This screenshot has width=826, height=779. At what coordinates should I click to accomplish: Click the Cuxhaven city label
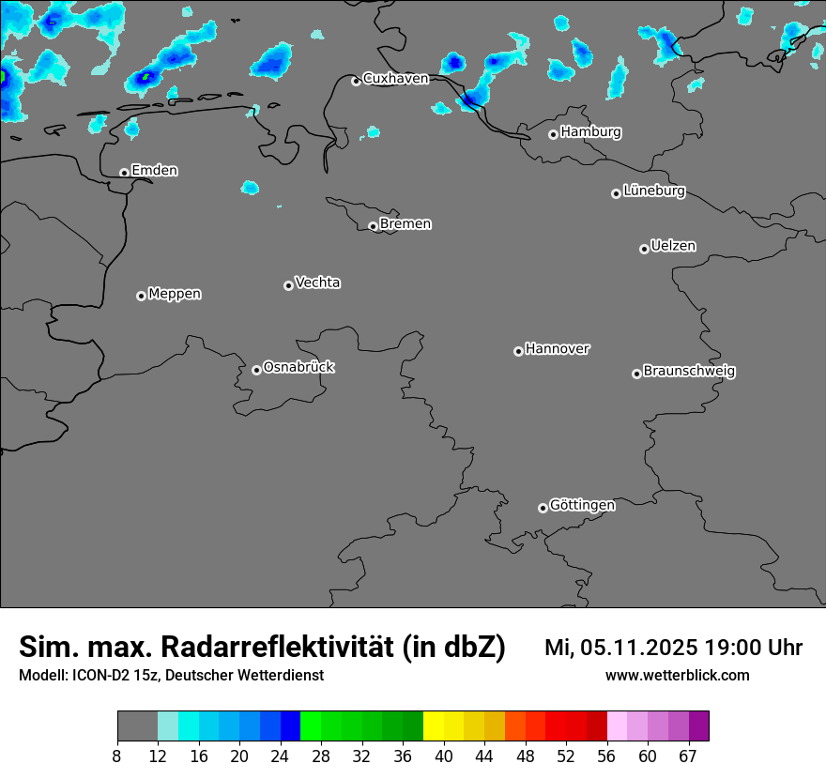pyautogui.click(x=395, y=79)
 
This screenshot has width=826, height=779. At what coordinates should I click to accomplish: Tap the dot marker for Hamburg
pyautogui.click(x=553, y=134)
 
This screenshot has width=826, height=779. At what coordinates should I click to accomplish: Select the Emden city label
pyautogui.click(x=154, y=171)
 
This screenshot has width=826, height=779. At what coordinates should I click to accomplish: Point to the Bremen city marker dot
pyautogui.click(x=373, y=226)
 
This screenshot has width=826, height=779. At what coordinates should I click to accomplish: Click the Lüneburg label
pyautogui.click(x=653, y=191)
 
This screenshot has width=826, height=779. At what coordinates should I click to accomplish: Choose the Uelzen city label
pyautogui.click(x=673, y=246)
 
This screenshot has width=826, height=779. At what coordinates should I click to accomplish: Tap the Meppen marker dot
pyautogui.click(x=141, y=296)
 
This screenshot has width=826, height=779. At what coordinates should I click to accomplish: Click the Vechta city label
pyautogui.click(x=317, y=283)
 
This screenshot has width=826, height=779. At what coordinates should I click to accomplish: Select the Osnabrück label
pyautogui.click(x=298, y=367)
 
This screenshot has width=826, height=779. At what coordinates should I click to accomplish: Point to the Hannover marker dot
pyautogui.click(x=518, y=351)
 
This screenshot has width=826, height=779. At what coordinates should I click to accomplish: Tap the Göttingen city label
pyautogui.click(x=582, y=505)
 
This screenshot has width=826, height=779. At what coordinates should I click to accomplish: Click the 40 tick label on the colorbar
pyautogui.click(x=444, y=756)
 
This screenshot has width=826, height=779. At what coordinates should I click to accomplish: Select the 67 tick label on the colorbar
pyautogui.click(x=688, y=756)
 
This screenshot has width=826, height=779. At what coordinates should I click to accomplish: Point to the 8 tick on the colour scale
pyautogui.click(x=117, y=756)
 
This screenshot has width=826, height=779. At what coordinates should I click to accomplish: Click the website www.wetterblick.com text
pyautogui.click(x=677, y=676)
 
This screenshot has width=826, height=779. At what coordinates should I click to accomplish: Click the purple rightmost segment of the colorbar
pyautogui.click(x=698, y=726)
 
